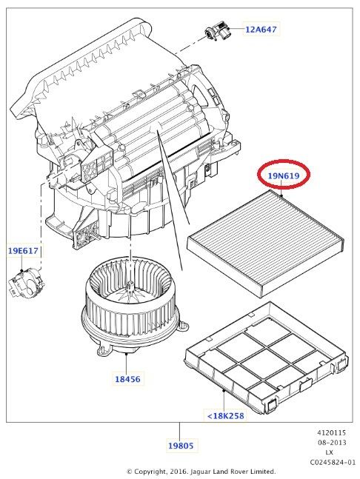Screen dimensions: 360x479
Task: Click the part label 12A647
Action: (x=261, y=30)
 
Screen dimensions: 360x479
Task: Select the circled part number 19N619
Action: (x=283, y=175)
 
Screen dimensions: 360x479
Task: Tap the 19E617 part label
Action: (x=23, y=251)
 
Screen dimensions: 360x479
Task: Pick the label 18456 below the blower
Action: (x=127, y=379)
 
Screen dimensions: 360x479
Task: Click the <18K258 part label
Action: (x=225, y=416)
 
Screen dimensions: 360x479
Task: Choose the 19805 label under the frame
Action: (x=181, y=446)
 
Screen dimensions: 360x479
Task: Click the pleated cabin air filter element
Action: (x=265, y=244)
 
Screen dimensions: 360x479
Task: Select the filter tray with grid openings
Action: (x=266, y=358)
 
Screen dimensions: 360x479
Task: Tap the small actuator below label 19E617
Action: (x=26, y=284)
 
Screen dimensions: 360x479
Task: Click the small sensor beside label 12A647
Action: (x=216, y=31)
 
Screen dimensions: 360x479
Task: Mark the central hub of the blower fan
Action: (x=130, y=287)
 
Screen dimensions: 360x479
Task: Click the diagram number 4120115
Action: (x=332, y=433)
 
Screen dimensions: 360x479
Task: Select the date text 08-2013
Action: (x=332, y=443)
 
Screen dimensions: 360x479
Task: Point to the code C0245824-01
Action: (x=333, y=462)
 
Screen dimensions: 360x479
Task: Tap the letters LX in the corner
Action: (x=329, y=452)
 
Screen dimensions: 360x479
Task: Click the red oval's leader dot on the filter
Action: (x=281, y=195)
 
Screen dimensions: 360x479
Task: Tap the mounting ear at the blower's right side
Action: (x=183, y=326)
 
